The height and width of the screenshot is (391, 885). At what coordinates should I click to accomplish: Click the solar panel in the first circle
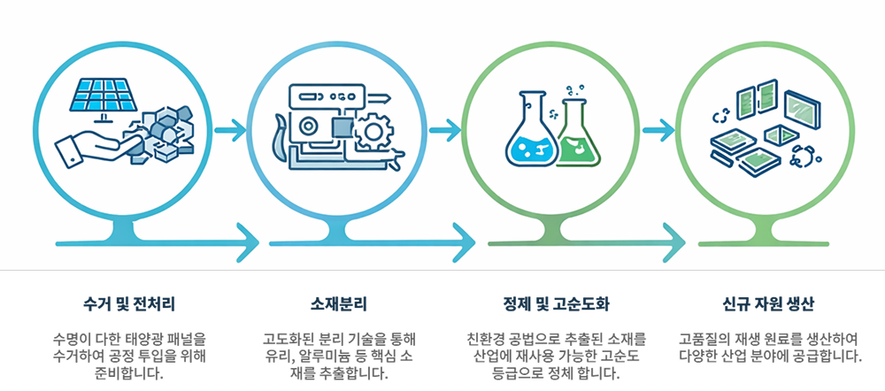[105, 96]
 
